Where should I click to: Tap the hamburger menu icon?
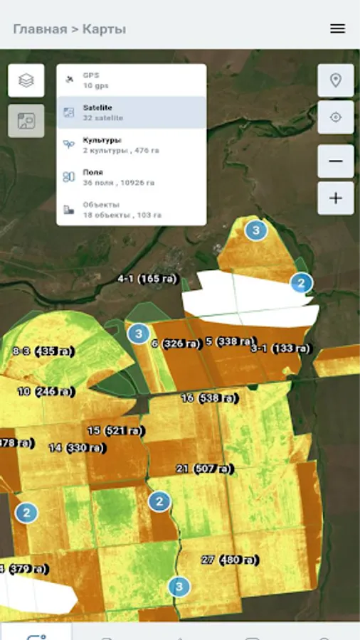coord(337,28)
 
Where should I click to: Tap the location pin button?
coord(336,80)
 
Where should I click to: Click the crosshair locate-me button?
coord(336,117)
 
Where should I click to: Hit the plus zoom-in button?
coord(336,198)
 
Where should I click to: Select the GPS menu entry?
coord(132,80)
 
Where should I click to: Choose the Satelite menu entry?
coord(132,112)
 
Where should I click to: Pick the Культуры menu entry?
coord(132,145)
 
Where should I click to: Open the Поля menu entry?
coord(132,177)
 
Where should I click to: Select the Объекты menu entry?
coord(132,210)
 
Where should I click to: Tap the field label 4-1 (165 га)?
coord(147,279)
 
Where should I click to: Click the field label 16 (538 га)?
coord(209,398)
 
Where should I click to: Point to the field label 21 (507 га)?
coord(204,469)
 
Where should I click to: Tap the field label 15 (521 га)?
coord(115,431)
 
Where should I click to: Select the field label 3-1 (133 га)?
coord(280,348)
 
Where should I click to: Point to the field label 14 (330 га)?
coord(77,448)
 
